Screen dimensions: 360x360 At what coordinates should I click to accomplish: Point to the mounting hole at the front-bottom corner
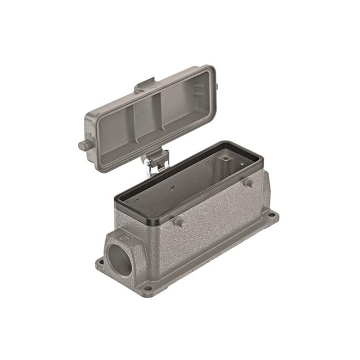[147, 289]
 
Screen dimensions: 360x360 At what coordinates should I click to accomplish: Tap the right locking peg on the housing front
[247, 183]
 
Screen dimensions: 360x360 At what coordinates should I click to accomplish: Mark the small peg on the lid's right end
[216, 86]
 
